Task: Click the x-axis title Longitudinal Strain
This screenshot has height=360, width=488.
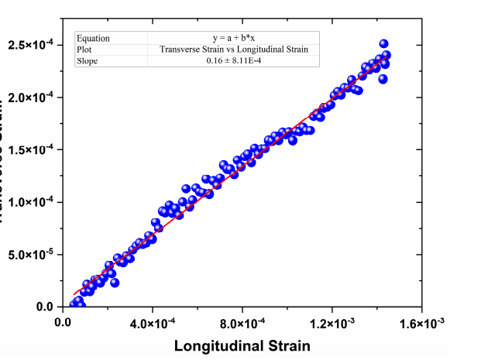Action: [x=242, y=345]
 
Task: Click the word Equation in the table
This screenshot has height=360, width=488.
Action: [x=93, y=38]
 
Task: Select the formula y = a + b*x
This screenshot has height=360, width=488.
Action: [x=234, y=38]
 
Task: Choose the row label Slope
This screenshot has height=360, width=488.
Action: [x=87, y=61]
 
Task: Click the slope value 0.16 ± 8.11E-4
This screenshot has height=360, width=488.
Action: [x=234, y=61]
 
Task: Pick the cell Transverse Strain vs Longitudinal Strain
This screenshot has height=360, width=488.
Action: [x=234, y=50]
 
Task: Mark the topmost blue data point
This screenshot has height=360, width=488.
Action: [x=383, y=44]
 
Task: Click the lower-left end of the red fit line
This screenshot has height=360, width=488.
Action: [x=74, y=294]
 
